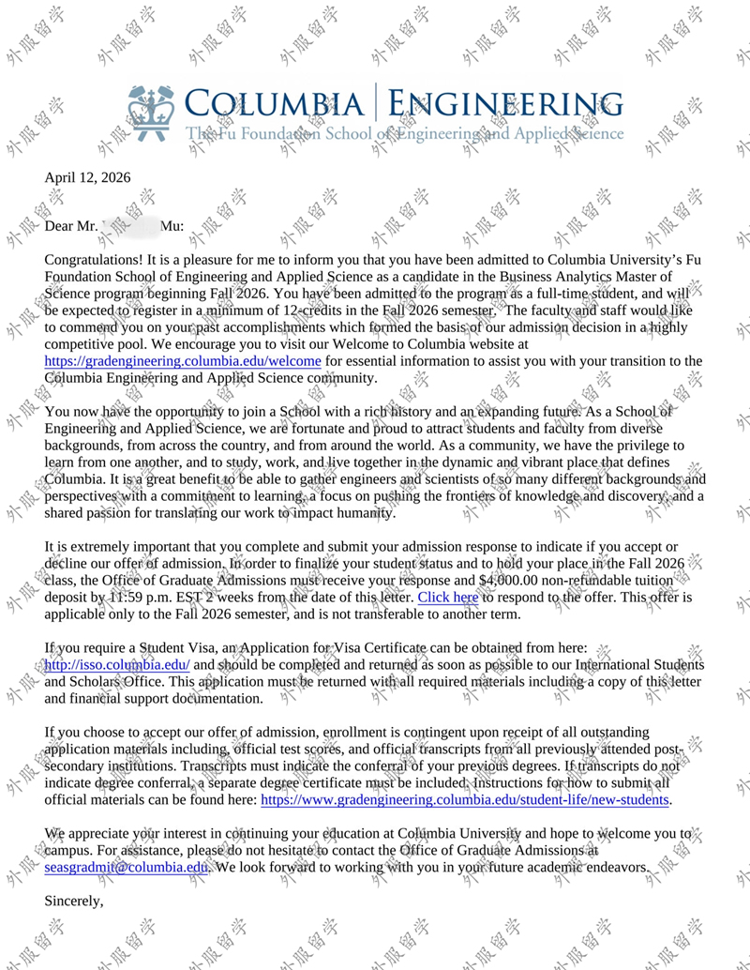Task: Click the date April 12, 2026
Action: (87, 177)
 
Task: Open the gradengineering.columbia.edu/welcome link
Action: (183, 361)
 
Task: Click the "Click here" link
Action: (448, 597)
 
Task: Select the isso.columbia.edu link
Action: (117, 665)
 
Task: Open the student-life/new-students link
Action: (465, 800)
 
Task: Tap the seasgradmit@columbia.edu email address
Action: (126, 868)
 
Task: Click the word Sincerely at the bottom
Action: (74, 902)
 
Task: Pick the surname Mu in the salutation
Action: (171, 226)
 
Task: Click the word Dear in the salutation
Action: (61, 226)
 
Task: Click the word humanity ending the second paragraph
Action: (361, 513)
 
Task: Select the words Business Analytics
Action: (557, 276)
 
